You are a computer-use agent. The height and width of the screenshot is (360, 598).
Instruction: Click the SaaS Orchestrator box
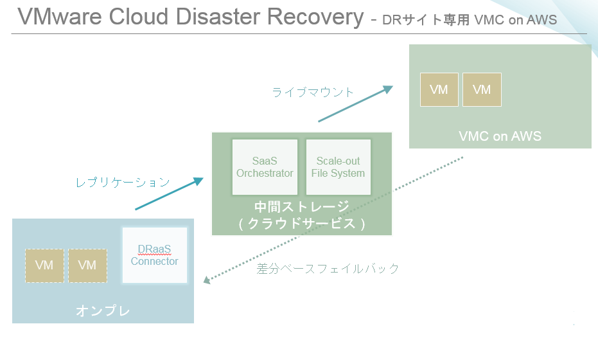(x=265, y=167)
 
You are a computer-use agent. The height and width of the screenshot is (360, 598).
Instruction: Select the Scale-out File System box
(x=339, y=167)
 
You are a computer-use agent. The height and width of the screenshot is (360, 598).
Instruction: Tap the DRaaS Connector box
(x=154, y=255)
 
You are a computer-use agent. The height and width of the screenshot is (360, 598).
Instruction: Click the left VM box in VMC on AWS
(x=439, y=90)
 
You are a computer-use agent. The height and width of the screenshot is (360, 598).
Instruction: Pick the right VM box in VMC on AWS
(x=482, y=90)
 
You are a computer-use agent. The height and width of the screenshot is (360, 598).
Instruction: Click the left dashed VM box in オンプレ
(x=44, y=265)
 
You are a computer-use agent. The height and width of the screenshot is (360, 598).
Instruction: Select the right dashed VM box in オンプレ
(x=87, y=265)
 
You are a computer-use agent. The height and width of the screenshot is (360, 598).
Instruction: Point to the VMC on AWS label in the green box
(x=500, y=136)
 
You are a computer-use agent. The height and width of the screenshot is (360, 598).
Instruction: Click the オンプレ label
(x=103, y=310)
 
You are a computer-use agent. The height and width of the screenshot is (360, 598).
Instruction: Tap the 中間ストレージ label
(x=302, y=206)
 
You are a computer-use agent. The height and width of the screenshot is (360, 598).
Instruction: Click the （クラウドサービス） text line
(x=302, y=223)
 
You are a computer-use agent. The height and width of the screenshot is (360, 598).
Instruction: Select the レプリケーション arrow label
(x=123, y=183)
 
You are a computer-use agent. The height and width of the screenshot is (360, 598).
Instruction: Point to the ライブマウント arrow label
(x=313, y=92)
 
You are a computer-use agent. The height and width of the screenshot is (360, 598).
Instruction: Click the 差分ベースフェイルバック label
(x=328, y=269)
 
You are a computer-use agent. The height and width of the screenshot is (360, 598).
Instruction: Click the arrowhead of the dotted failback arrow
(x=206, y=280)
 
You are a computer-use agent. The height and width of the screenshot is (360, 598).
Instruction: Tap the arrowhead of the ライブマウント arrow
(x=389, y=89)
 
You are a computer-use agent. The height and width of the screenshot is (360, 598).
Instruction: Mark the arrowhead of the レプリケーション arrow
(x=198, y=181)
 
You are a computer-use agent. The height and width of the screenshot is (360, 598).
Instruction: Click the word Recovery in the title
(x=315, y=17)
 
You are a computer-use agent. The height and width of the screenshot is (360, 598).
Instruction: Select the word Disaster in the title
(x=217, y=17)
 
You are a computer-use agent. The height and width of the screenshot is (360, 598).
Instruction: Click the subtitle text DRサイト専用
(x=426, y=20)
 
